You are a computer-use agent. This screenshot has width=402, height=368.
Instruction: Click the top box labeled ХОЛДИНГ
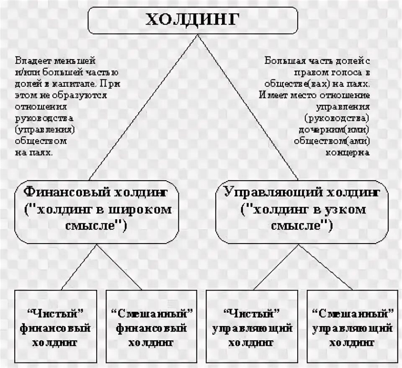[x=193, y=21]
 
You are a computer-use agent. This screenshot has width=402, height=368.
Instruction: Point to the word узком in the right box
[x=346, y=210]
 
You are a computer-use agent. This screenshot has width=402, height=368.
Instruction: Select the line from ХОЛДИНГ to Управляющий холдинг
[x=247, y=109]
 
